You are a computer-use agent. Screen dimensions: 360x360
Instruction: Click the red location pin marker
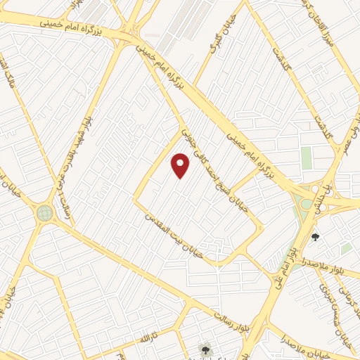point(181,165)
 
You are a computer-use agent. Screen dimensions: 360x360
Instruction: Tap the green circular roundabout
point(45,212)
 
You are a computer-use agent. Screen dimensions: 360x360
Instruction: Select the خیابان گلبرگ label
point(213,40)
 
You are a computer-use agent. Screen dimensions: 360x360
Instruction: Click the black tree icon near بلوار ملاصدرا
point(315,237)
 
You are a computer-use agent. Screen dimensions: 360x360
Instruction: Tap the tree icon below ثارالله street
point(205,349)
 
